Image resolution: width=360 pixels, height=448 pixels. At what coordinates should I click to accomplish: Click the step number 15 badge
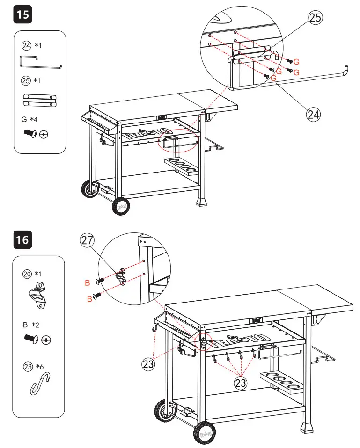click(22, 14)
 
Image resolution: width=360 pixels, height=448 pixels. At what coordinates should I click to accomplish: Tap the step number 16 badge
click(22, 240)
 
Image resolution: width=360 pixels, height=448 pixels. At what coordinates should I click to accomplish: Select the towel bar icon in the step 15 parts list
click(40, 62)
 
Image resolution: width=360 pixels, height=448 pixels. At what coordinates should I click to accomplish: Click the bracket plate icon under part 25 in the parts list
click(40, 100)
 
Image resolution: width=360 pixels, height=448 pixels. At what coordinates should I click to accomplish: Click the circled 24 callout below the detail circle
click(314, 113)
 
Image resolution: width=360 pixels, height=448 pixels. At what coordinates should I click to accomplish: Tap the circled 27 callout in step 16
click(87, 240)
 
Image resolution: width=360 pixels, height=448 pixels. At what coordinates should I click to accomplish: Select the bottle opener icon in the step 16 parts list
click(40, 296)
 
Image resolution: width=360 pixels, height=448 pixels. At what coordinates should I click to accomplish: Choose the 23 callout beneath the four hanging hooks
click(240, 383)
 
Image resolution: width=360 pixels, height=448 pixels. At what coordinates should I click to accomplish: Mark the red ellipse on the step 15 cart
click(178, 141)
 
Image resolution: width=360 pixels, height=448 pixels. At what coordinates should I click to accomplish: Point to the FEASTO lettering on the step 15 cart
click(145, 135)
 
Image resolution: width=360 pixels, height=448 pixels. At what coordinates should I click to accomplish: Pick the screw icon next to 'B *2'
click(31, 339)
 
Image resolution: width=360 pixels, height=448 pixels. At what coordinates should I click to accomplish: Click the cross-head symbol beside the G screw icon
click(44, 135)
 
